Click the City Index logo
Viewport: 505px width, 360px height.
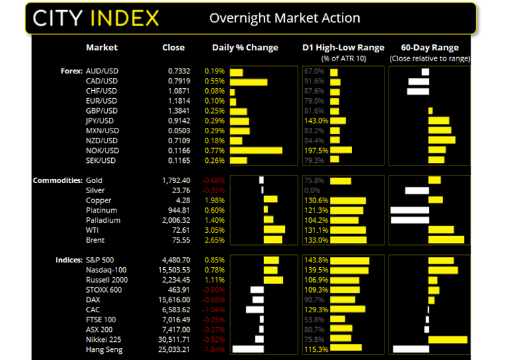click(95, 17)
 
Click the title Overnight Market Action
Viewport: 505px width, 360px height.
click(284, 18)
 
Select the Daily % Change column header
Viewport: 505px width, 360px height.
click(245, 48)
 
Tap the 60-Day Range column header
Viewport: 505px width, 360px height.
click(430, 48)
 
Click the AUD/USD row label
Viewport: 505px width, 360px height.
click(101, 71)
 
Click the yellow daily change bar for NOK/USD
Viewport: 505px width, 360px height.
click(256, 150)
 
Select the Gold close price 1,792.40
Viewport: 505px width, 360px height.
click(176, 180)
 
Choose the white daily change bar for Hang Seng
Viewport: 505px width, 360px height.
click(248, 349)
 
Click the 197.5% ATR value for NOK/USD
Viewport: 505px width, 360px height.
click(316, 150)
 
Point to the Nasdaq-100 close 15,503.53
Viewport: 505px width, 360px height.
click(174, 270)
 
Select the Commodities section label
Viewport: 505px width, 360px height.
click(58, 180)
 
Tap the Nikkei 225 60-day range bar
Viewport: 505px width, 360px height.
click(448, 339)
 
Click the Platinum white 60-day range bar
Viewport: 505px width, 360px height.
click(409, 210)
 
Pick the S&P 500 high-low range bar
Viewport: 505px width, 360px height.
click(349, 260)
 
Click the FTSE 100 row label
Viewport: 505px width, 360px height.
click(101, 320)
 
